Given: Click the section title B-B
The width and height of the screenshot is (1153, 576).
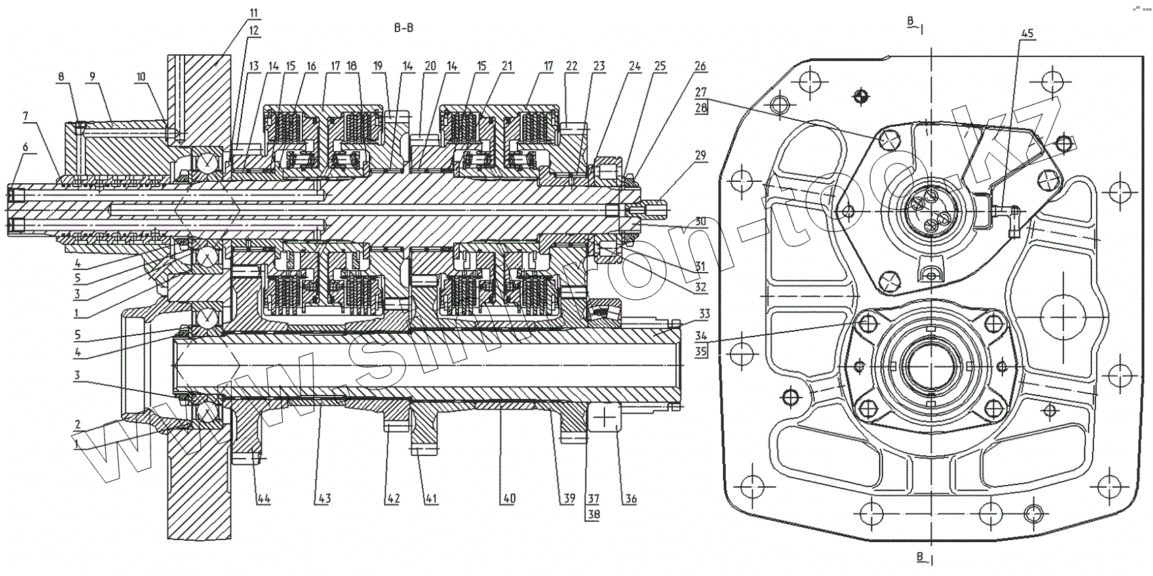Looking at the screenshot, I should click(403, 28).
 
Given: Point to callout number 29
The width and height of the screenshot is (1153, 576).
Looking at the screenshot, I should click(701, 155).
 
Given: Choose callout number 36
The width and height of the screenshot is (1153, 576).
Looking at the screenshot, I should click(631, 499).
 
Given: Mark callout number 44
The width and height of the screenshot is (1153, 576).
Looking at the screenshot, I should click(263, 499).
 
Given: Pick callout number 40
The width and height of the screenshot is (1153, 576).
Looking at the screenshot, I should click(509, 499).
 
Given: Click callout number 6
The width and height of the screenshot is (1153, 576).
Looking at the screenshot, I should click(25, 147).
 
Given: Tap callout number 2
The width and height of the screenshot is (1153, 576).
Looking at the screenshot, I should click(77, 425).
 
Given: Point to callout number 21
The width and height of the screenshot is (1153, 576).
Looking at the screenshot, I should click(507, 66).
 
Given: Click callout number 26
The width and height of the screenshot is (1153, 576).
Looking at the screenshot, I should click(701, 66).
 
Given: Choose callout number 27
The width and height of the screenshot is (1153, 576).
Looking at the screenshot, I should click(701, 92).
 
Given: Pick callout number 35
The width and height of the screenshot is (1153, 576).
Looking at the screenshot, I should click(701, 351).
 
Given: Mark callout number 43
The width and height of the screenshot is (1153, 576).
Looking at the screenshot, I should click(324, 499).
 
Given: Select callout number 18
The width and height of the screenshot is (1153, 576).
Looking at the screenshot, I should click(351, 66).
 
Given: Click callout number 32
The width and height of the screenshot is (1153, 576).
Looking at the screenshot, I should click(701, 287).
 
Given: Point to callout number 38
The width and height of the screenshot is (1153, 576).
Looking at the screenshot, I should click(594, 514).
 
